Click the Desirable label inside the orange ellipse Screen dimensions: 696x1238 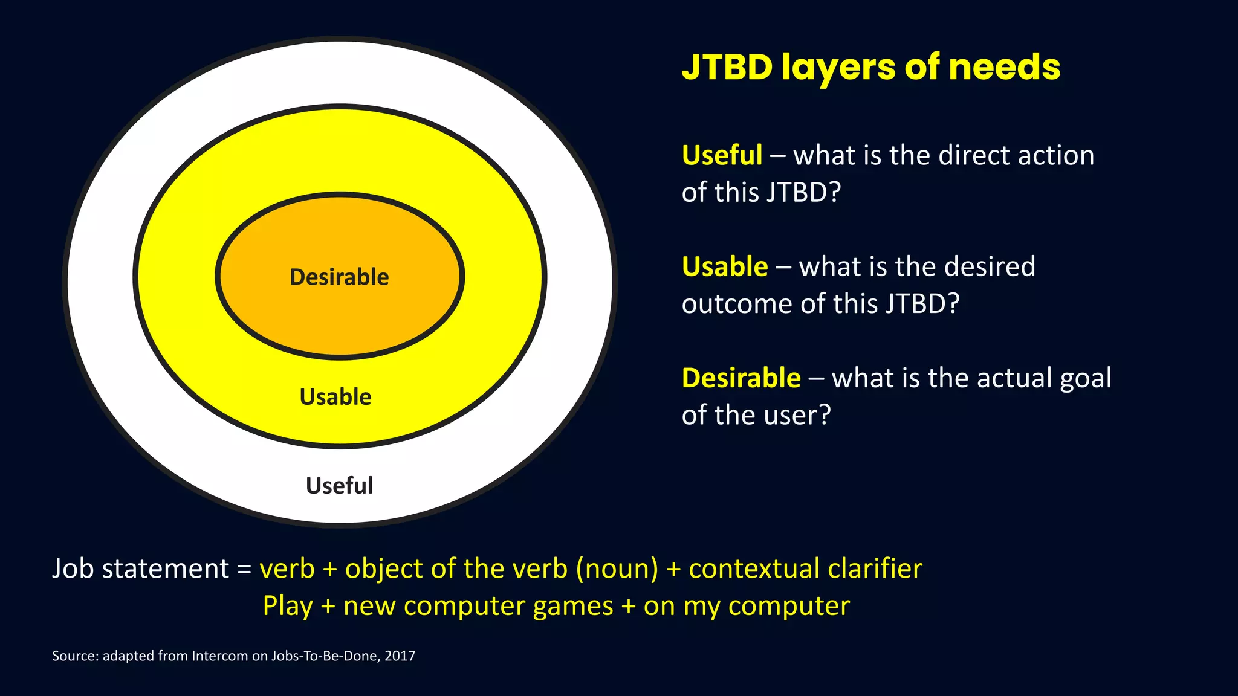tap(339, 277)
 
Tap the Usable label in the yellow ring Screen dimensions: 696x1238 tap(335, 397)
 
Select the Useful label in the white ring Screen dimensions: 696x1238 tap(339, 486)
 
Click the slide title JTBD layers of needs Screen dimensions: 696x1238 tap(870, 66)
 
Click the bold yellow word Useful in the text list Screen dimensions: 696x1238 tap(722, 155)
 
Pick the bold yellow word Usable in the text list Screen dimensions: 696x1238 tap(725, 266)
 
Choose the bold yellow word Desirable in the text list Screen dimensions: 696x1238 tap(741, 378)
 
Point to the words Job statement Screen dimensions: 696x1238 tap(140, 569)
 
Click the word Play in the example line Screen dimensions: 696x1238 tap(288, 606)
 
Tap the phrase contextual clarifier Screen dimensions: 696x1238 tap(805, 569)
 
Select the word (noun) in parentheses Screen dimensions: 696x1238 tap(617, 569)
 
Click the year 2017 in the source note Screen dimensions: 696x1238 tap(400, 656)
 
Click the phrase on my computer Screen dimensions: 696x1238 tap(747, 606)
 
